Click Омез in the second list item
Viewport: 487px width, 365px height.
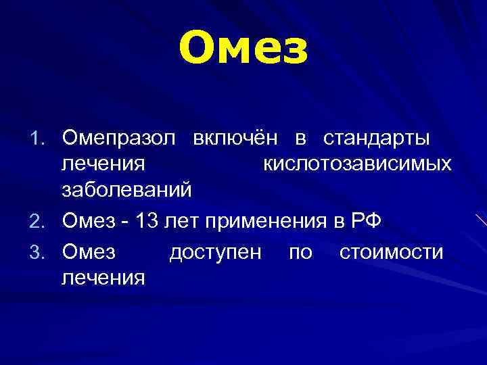coord(89,220)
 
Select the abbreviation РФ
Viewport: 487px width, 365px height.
coord(367,220)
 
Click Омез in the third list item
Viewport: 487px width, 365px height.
coord(89,253)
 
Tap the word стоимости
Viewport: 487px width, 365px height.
coord(392,253)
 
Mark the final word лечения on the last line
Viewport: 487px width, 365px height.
coord(103,277)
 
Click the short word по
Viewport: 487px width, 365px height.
coord(300,253)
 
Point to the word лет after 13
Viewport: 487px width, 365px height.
coord(187,220)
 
